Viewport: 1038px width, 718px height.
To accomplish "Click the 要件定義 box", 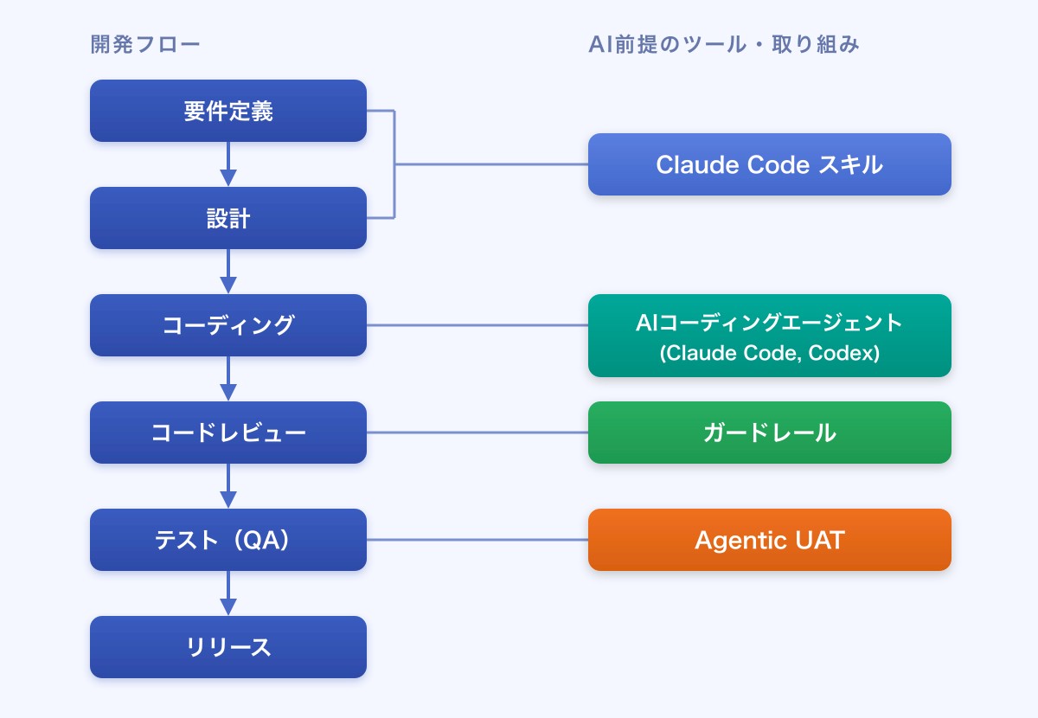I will pos(228,111).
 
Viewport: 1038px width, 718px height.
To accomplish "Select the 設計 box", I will pos(228,218).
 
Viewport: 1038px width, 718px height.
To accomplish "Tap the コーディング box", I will pos(228,325).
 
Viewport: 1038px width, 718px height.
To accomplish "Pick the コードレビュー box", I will pos(228,433).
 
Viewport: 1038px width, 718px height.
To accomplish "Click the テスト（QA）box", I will pos(228,540).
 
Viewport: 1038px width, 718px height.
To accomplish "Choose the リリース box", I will pos(228,647).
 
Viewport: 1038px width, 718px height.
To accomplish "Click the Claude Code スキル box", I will pos(769,164).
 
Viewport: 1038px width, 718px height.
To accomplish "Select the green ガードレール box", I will pos(769,433).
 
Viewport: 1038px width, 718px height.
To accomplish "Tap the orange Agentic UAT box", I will pos(769,540).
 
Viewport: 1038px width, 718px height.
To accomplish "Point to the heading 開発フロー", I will pos(145,45).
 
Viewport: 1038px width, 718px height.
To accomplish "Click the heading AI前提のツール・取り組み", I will pos(723,45).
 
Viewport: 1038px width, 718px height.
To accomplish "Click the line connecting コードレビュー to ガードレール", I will pos(477,433).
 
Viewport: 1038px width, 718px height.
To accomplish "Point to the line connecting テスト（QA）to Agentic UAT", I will pos(477,540).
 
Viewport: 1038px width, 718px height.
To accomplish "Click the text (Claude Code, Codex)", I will pos(769,353).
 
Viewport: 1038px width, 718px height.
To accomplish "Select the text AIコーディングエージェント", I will pos(769,323).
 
